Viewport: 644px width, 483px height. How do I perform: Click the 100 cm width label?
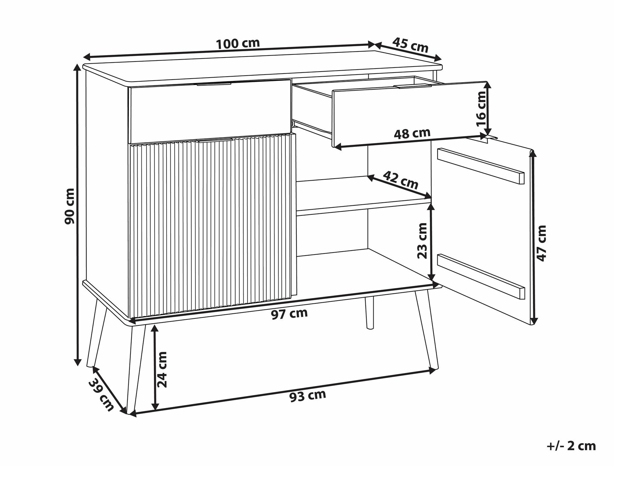tap(238, 43)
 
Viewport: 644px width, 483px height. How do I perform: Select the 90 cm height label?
tap(70, 206)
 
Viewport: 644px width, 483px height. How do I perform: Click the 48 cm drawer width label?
tap(412, 133)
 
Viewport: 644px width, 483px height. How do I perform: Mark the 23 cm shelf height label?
tap(423, 240)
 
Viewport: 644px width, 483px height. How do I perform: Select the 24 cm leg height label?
tap(162, 369)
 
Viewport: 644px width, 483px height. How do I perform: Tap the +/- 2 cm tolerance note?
tap(571, 446)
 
